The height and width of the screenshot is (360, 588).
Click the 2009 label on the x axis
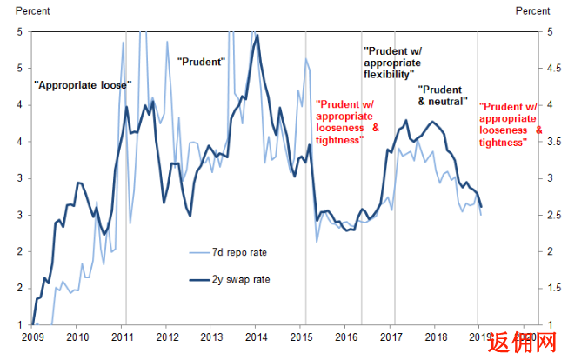tap(32, 336)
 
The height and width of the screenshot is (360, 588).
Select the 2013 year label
tap(213, 336)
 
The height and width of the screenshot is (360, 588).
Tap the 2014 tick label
tap(257, 336)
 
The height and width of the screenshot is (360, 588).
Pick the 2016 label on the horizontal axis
tap(346, 336)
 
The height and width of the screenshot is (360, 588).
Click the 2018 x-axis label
tap(436, 336)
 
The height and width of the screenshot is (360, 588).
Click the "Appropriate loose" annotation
tap(82, 85)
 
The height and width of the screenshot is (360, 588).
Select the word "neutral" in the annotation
tap(449, 102)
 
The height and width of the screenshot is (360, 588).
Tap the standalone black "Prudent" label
tap(201, 62)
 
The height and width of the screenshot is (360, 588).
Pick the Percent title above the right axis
tap(532, 10)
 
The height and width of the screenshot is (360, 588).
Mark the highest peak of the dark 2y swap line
tap(257, 35)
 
